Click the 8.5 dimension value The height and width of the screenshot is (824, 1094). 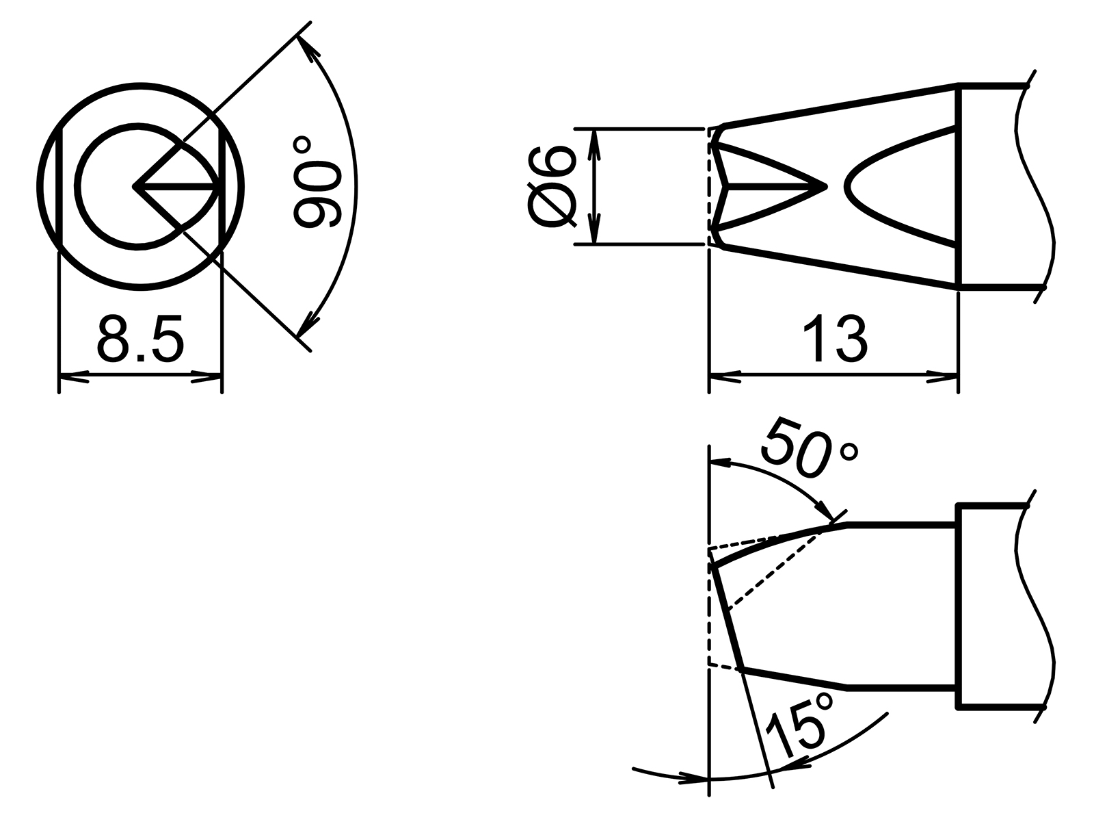(x=140, y=339)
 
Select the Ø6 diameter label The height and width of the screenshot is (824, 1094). (x=552, y=185)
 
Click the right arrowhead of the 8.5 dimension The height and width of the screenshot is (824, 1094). (x=208, y=375)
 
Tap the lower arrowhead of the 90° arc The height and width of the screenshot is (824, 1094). (x=310, y=323)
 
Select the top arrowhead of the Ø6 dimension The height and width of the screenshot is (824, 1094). (x=595, y=140)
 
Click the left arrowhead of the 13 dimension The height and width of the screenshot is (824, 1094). (x=725, y=375)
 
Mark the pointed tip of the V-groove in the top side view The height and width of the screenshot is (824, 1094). (x=825, y=185)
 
